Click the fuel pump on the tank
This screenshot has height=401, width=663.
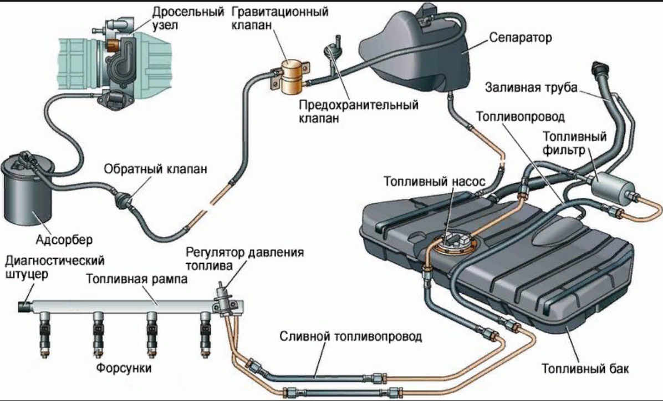point(452,241)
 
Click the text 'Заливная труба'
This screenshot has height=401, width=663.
point(532,87)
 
